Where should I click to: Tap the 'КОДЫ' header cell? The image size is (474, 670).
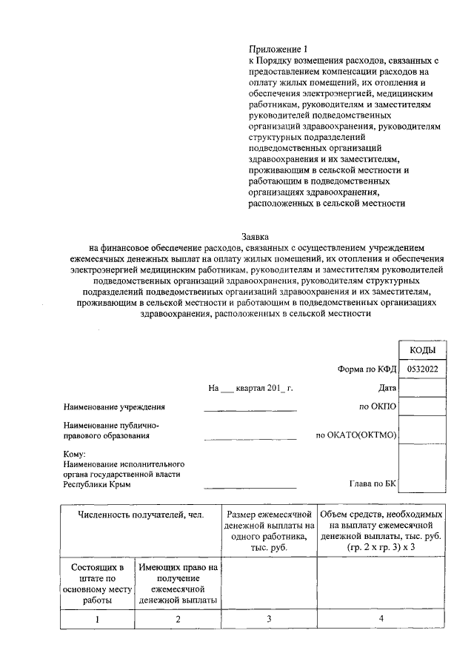point(422,350)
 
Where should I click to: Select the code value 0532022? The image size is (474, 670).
point(422,368)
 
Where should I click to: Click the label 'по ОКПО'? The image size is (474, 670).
point(378,406)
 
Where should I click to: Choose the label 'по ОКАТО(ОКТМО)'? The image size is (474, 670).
point(356,435)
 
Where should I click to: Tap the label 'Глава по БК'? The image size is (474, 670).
point(373,483)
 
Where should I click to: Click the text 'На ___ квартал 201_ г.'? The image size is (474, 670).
point(251,387)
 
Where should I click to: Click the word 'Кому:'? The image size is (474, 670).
point(75,455)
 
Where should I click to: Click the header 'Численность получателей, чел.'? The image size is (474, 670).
point(141,514)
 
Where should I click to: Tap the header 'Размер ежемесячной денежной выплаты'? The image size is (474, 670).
point(270,531)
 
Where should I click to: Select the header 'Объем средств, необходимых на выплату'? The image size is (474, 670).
point(381,531)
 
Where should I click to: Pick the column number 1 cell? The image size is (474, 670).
point(97,619)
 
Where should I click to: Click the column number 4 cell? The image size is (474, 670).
point(381,619)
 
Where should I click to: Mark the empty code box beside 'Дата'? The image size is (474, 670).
point(422,387)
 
